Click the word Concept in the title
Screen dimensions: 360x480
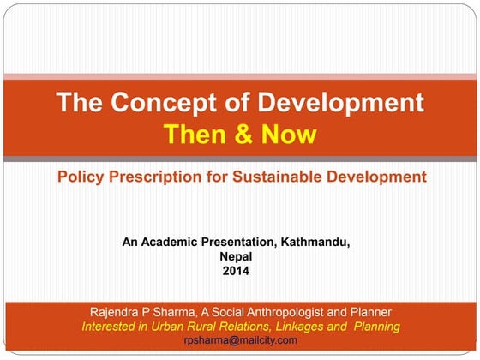(x=162, y=103)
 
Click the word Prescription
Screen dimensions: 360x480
(x=159, y=177)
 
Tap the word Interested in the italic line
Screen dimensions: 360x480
(x=111, y=327)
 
